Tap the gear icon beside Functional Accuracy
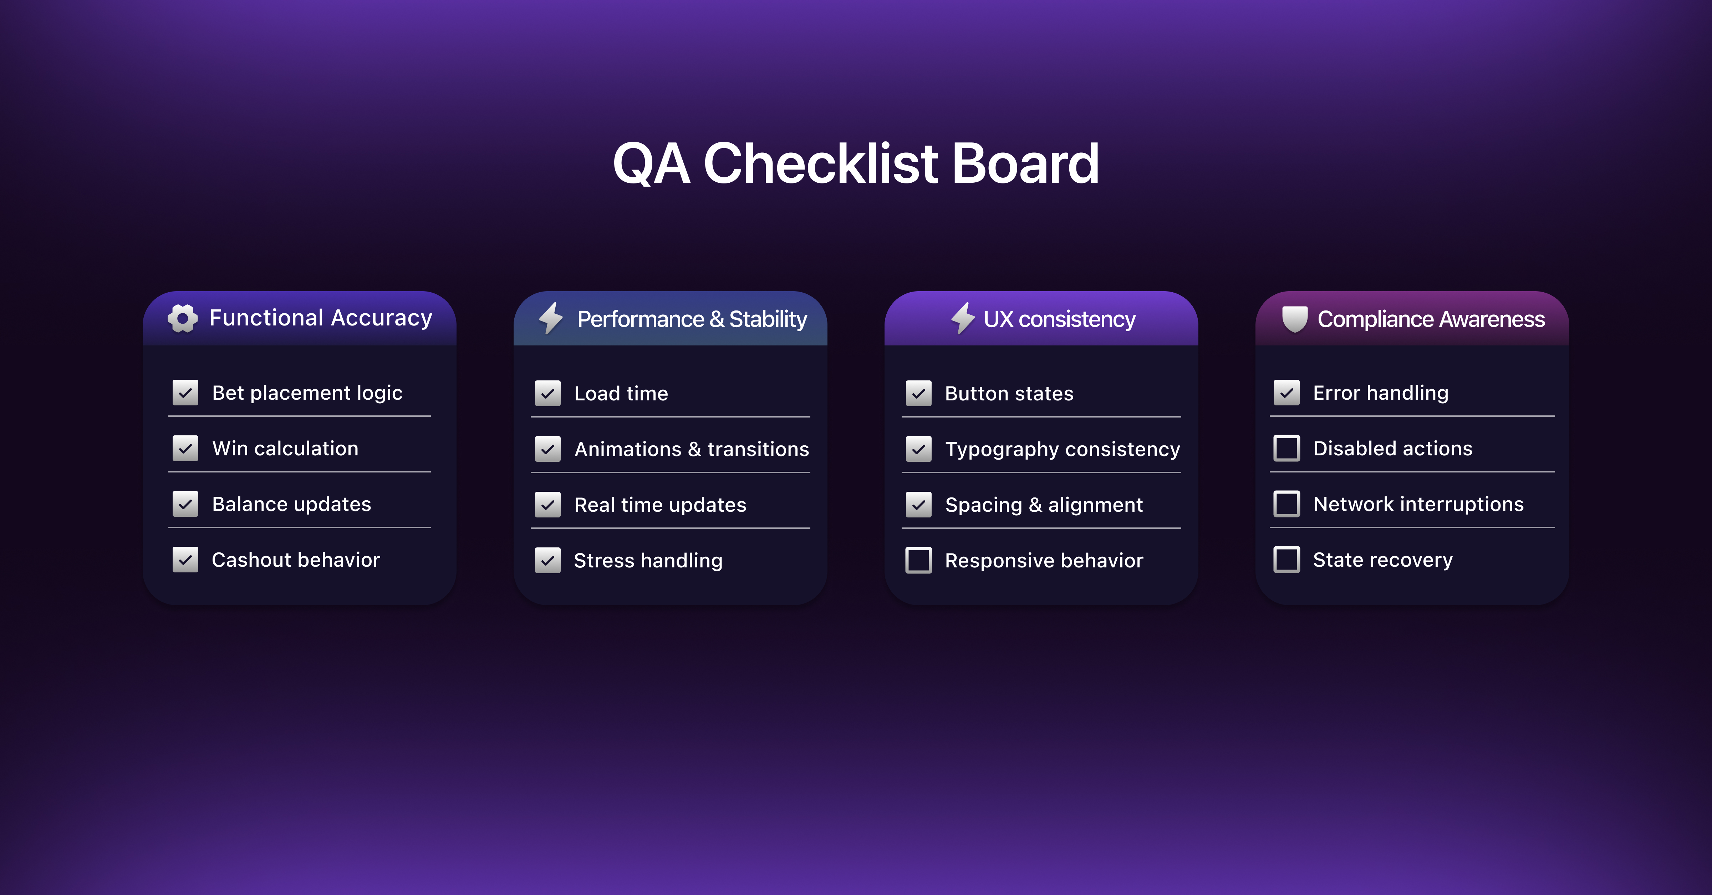tap(183, 319)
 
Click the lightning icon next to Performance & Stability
tap(551, 319)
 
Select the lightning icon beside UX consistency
tap(963, 319)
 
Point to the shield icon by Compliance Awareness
tap(1295, 319)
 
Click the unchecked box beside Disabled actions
tap(1286, 448)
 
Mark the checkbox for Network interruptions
tap(1286, 504)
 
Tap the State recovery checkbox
tap(1286, 560)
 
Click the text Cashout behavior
tap(296, 560)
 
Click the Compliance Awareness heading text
tap(1431, 319)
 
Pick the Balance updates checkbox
tap(185, 504)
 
